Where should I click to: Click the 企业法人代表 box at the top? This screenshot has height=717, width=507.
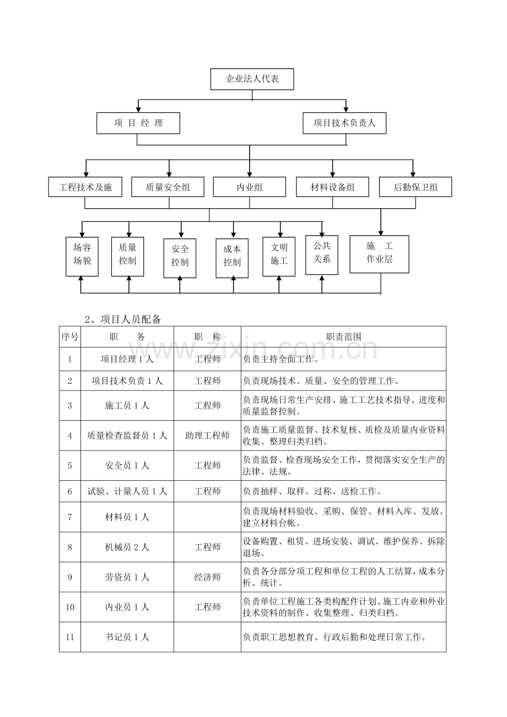tap(252, 79)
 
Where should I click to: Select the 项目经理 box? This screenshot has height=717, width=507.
tap(138, 123)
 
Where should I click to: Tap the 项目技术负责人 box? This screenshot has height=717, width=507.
tap(344, 123)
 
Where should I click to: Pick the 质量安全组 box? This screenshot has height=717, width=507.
tap(168, 187)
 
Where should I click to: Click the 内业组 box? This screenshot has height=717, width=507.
tap(250, 187)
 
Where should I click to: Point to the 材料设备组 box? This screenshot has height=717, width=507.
tap(332, 187)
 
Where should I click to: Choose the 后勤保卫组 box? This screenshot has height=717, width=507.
tap(416, 187)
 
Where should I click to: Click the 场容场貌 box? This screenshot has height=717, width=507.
tap(82, 257)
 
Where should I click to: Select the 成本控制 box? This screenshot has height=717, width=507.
tap(232, 258)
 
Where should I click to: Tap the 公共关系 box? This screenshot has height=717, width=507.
tap(322, 255)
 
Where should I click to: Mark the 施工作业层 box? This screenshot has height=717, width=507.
tap(380, 254)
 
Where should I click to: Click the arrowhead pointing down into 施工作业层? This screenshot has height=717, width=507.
tap(381, 233)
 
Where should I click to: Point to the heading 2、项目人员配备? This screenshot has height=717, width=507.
tap(123, 319)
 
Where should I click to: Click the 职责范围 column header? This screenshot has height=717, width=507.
tap(344, 336)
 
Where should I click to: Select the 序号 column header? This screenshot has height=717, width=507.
tap(70, 336)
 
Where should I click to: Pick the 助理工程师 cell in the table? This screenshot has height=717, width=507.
tap(208, 435)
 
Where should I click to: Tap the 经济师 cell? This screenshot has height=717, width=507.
tap(208, 577)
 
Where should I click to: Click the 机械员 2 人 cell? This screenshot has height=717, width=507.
tap(127, 547)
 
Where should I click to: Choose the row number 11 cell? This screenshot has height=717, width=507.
tap(70, 637)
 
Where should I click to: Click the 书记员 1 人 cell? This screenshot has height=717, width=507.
tap(127, 637)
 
